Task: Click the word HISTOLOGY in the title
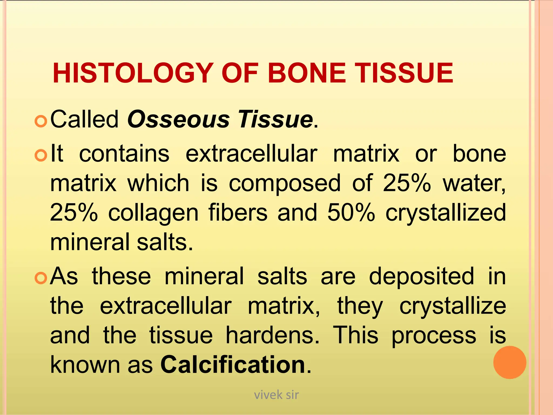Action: click(132, 73)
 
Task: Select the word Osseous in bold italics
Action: click(178, 119)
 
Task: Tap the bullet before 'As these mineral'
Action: click(41, 278)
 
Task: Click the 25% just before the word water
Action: click(407, 183)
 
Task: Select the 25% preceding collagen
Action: click(74, 212)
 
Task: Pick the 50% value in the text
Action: click(351, 212)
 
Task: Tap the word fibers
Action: click(238, 212)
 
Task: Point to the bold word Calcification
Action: click(233, 364)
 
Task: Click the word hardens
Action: click(272, 335)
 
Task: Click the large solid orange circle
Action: click(510, 362)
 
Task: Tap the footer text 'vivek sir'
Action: click(276, 395)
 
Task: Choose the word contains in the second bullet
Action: click(124, 154)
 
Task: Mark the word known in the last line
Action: click(85, 364)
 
